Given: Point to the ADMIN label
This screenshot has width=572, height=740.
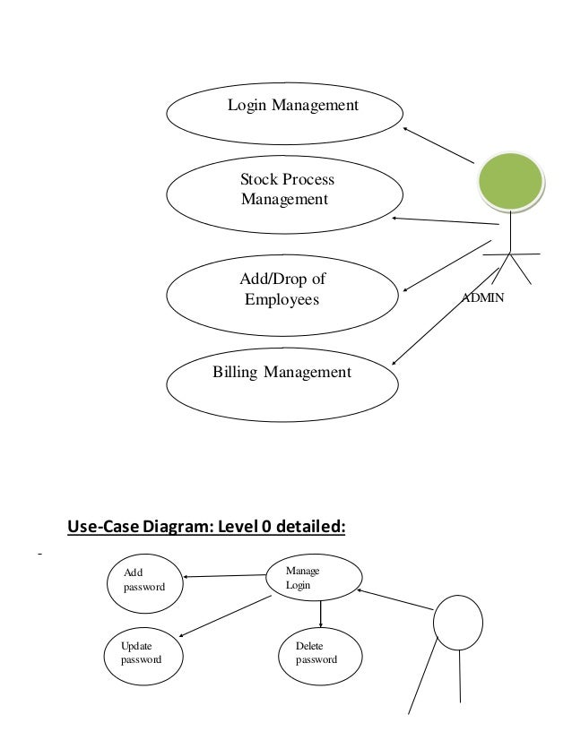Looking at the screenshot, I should tap(482, 297).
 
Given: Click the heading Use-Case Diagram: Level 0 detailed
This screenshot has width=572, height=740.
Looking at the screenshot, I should tap(206, 527).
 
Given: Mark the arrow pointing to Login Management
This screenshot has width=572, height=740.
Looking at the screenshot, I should tap(438, 145).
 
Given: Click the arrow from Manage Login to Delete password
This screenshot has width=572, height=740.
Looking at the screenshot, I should tap(320, 614).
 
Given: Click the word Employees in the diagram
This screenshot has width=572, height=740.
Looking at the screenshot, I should tap(282, 300).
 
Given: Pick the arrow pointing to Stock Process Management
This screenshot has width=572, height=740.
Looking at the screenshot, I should tap(444, 220).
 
